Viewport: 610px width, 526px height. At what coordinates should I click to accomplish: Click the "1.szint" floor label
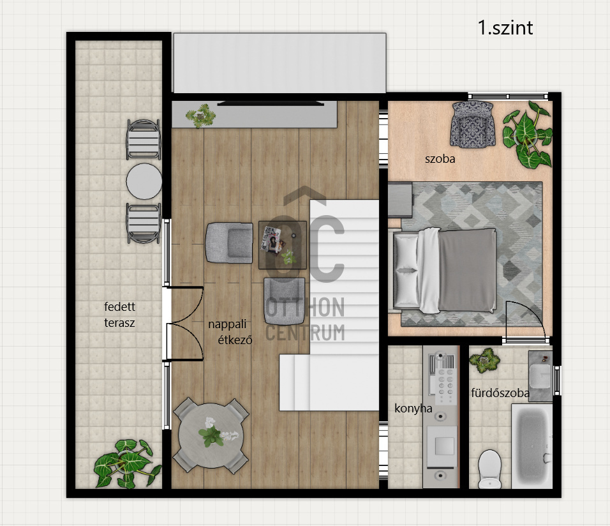click(505, 28)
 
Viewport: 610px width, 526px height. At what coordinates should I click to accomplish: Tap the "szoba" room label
click(440, 159)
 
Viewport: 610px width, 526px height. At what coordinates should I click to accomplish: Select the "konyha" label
click(413, 409)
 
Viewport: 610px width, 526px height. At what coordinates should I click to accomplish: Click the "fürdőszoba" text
click(500, 393)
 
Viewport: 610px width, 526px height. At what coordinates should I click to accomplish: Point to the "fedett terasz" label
click(119, 315)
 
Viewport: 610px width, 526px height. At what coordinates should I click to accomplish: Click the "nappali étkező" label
click(230, 332)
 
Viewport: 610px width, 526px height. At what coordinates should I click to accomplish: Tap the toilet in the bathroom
click(490, 469)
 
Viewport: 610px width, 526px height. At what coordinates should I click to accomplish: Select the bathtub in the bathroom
click(532, 446)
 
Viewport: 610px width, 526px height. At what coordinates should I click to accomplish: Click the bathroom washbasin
click(540, 376)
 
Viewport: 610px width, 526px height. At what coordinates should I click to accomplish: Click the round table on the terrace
click(144, 181)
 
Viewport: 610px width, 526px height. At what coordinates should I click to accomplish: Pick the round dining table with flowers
click(211, 435)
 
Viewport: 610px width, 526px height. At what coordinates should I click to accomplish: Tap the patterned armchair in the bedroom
click(473, 124)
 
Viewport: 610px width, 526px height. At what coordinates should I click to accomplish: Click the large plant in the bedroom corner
click(528, 135)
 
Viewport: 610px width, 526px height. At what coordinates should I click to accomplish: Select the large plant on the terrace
click(126, 463)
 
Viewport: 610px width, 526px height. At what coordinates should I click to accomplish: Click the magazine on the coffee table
click(272, 240)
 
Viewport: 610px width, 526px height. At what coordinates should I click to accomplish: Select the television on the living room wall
click(271, 103)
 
